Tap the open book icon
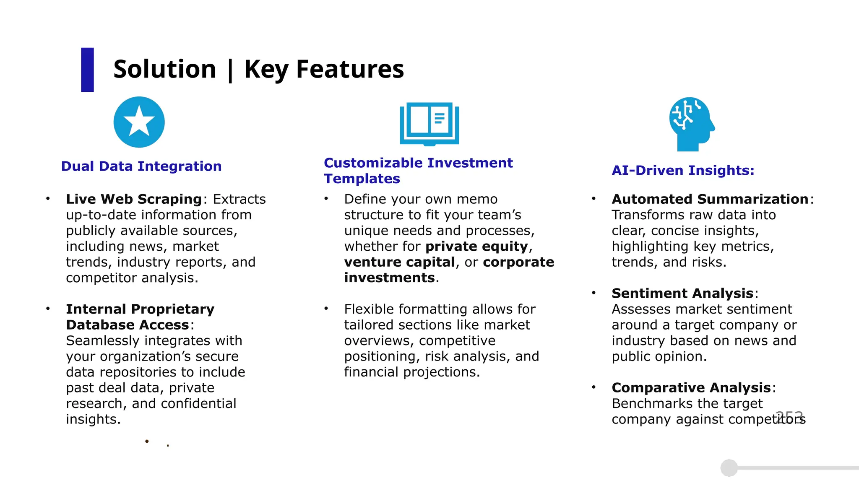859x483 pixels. pos(429,123)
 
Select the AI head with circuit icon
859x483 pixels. pos(691,124)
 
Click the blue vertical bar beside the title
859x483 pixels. pos(87,70)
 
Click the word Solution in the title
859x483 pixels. pos(164,69)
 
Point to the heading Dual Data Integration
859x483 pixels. pos(141,166)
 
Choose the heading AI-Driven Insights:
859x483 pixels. pos(683,170)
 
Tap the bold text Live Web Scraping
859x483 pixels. pos(134,199)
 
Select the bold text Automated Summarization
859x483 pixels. pos(710,199)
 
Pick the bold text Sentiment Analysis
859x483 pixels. pos(682,293)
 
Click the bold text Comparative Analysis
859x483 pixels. pos(691,388)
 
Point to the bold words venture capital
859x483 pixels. pos(399,262)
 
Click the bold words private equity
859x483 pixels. pos(476,247)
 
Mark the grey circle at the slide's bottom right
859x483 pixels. pos(729,468)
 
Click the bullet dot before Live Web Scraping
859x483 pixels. pos(48,199)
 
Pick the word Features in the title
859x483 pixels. pos(350,69)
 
